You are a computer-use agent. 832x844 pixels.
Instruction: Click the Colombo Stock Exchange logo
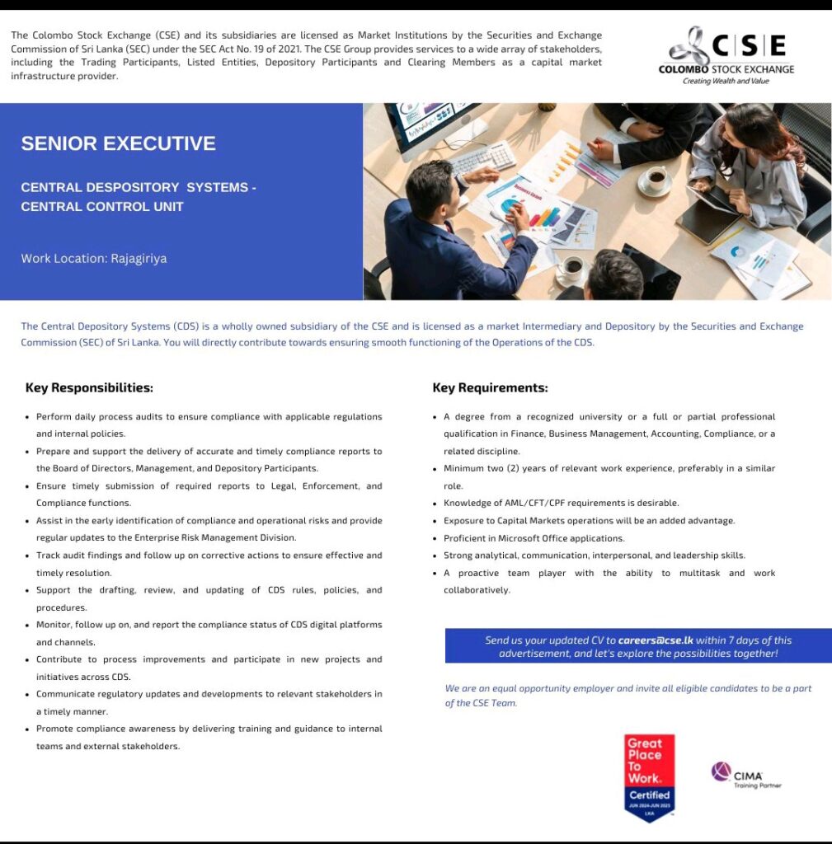point(726,55)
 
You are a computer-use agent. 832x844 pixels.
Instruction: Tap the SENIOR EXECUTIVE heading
point(118,143)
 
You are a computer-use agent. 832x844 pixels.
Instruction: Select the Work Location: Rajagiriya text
point(94,258)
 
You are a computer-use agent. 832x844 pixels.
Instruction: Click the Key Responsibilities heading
point(89,387)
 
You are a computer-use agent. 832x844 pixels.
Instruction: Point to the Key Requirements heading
point(490,387)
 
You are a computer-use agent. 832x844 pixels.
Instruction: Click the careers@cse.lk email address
point(656,640)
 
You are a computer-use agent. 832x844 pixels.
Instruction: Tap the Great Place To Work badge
point(650,776)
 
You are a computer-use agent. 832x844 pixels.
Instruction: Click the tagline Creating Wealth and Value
point(726,81)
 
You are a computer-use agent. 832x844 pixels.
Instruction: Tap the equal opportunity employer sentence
point(627,695)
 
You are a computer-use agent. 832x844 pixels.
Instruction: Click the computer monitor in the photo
point(425,124)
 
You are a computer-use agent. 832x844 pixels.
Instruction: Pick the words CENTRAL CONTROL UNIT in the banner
point(102,206)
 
